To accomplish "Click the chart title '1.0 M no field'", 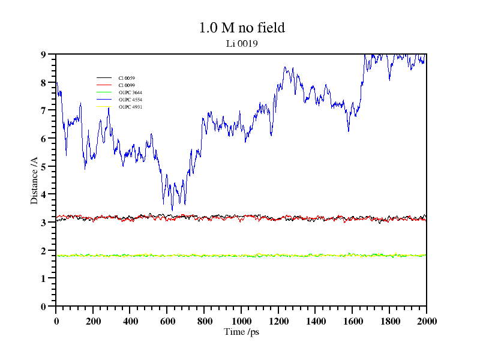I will click(241, 28).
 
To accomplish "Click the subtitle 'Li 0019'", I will click(242, 43).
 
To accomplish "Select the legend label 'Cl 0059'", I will click(127, 78).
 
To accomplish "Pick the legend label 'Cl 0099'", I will click(127, 85).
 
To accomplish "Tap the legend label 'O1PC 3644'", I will click(130, 92).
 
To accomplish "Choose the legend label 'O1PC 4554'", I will click(130, 100).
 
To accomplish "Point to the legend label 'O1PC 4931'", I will click(130, 107).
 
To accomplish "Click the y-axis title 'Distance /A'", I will click(35, 179).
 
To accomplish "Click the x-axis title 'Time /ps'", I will click(241, 332).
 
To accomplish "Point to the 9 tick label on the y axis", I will click(43, 55).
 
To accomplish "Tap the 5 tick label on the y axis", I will click(43, 167).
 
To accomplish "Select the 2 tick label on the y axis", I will click(43, 251).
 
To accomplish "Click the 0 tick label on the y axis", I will click(43, 307).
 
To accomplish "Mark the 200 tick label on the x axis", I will click(93, 321).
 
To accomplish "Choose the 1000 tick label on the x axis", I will click(241, 321).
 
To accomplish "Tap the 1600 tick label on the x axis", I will click(352, 321).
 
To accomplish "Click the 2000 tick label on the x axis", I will click(426, 321).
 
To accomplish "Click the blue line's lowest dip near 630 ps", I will click(173, 210).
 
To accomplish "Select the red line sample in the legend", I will click(104, 85).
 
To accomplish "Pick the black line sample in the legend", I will click(104, 78).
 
